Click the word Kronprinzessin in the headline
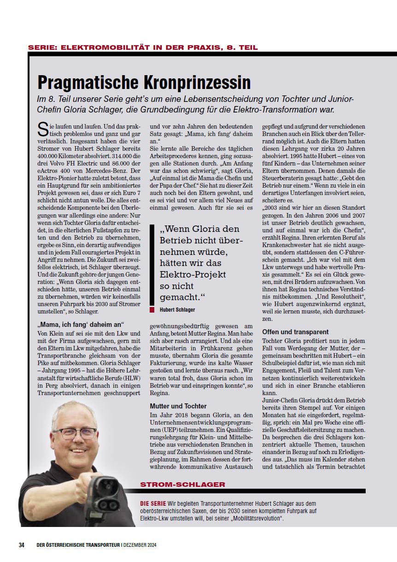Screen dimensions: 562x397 pos(199,82)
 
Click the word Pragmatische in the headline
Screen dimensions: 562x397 pos(90,82)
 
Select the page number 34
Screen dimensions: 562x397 pos(22,545)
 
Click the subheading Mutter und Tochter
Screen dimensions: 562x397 pos(178,406)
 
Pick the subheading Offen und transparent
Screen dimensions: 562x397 pos(295,331)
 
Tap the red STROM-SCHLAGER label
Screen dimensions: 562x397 pos(183,485)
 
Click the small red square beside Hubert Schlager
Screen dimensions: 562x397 pos(152,310)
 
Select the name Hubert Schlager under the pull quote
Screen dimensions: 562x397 pos(177,310)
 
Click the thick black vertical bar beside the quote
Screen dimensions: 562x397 pos(152,265)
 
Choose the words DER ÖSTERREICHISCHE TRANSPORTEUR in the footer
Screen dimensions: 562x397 pos(78,545)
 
